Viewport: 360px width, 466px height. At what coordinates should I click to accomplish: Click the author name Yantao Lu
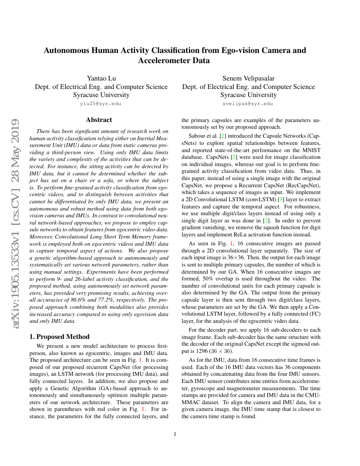coord(101,78)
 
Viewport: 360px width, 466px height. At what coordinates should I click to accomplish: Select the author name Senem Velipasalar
coord(249,78)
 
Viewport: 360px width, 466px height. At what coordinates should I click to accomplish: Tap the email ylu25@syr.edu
coord(101,103)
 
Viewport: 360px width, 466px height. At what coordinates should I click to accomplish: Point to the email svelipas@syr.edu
coord(248,103)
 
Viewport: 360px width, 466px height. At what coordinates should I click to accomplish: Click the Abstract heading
coord(99,120)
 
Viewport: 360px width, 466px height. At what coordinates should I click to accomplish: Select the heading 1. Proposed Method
coord(59,337)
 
